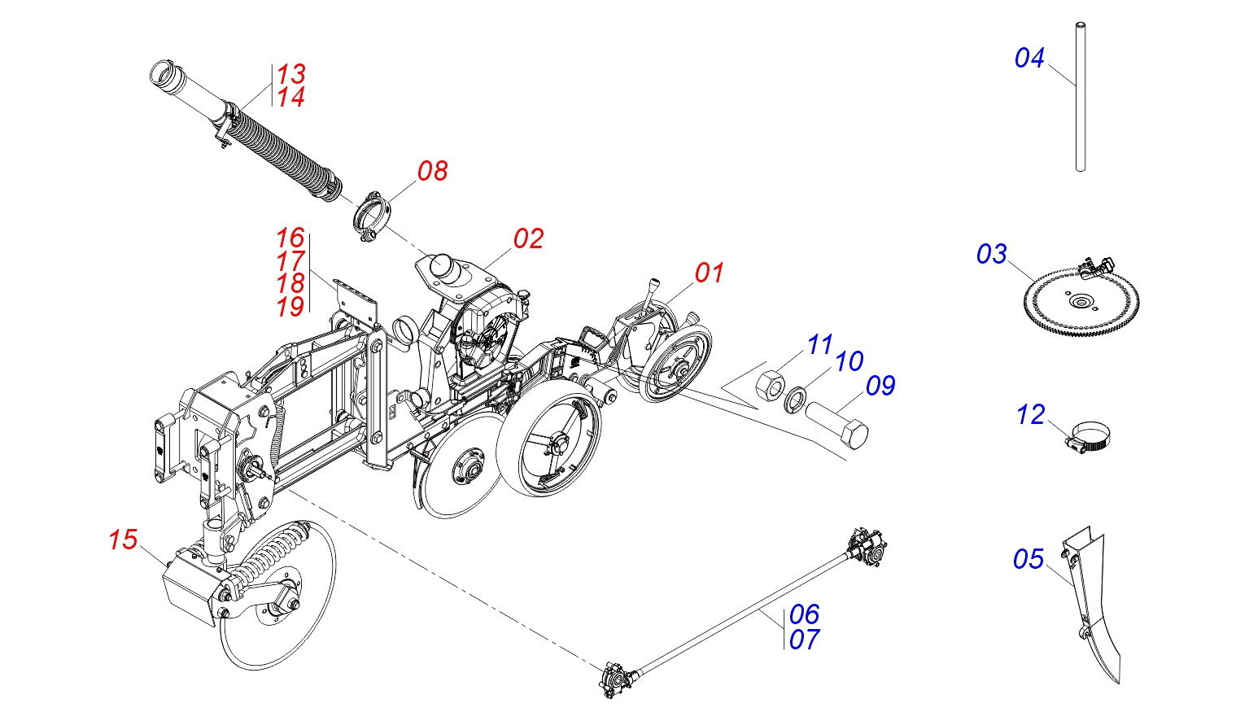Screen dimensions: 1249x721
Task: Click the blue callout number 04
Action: [1028, 58]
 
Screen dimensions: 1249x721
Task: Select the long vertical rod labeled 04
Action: [1080, 97]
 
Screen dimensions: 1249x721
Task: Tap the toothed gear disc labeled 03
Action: [1081, 302]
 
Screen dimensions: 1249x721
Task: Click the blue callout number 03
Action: [991, 254]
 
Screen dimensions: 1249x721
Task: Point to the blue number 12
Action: [1030, 415]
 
